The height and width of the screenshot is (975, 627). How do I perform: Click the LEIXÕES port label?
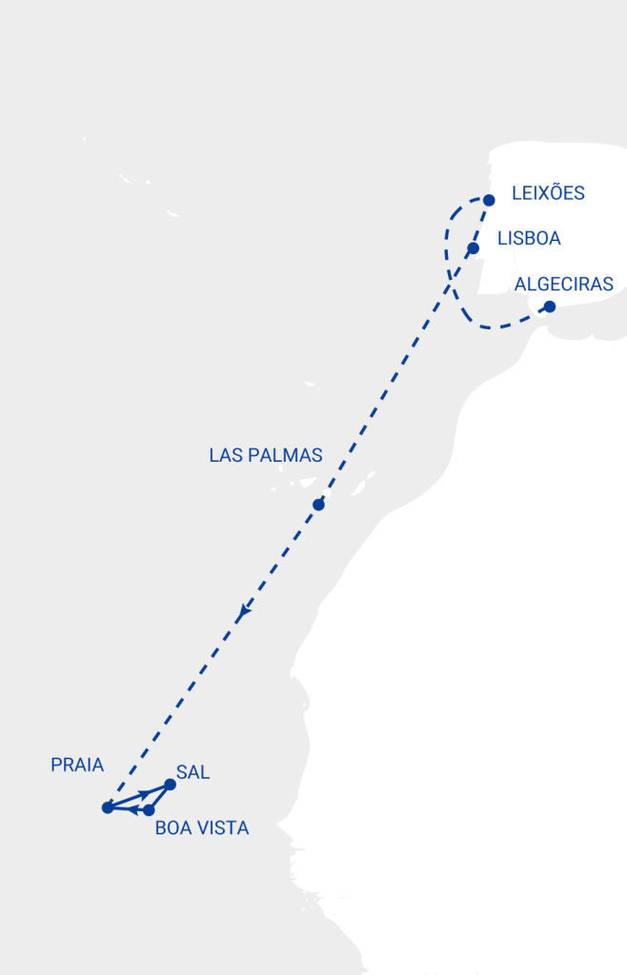click(x=548, y=193)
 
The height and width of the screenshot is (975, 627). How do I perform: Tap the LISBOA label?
click(x=529, y=238)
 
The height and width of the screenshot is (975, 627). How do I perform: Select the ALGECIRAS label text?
click(x=564, y=284)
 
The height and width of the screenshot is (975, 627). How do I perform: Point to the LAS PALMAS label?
click(x=266, y=456)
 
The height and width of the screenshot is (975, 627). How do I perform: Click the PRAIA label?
click(x=77, y=765)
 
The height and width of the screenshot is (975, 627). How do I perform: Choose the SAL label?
click(x=193, y=772)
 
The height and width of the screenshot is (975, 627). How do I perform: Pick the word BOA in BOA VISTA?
click(x=172, y=828)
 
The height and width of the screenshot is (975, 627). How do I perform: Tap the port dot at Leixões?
click(x=489, y=200)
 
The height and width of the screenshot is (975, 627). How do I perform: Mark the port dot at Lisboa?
click(x=473, y=248)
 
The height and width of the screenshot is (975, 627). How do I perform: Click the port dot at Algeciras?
click(x=549, y=307)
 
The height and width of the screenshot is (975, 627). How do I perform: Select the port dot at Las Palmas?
click(x=318, y=505)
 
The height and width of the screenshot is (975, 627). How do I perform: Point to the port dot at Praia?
click(x=108, y=807)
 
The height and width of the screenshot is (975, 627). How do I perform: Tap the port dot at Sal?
click(x=171, y=785)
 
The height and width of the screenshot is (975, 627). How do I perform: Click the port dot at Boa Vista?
click(x=149, y=810)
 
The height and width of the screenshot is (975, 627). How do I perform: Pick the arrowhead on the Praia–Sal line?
click(x=145, y=793)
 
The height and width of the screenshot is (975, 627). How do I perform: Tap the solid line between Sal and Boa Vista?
click(x=160, y=797)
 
